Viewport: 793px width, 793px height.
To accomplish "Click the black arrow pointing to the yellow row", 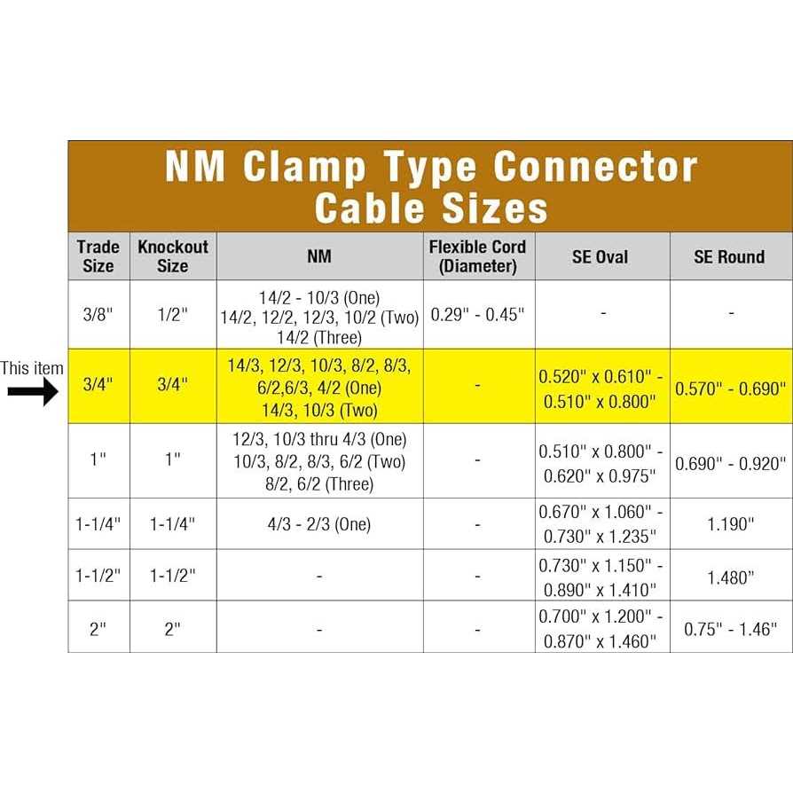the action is pyautogui.click(x=33, y=391).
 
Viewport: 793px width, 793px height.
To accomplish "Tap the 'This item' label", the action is pyautogui.click(x=32, y=368).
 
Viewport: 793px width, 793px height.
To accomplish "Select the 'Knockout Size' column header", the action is pyautogui.click(x=173, y=255).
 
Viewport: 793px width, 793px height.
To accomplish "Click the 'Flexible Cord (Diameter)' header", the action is pyautogui.click(x=478, y=255).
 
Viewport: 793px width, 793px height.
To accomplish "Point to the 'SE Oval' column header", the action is pyautogui.click(x=601, y=256).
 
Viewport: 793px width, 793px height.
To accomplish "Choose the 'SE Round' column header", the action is pyautogui.click(x=729, y=256).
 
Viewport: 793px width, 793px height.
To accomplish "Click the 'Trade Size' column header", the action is pyautogui.click(x=98, y=255).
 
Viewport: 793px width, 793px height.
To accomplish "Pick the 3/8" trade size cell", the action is pyautogui.click(x=98, y=314).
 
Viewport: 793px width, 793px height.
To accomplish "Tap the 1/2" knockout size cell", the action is pyautogui.click(x=172, y=314).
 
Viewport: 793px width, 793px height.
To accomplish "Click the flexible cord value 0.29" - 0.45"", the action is pyautogui.click(x=478, y=315).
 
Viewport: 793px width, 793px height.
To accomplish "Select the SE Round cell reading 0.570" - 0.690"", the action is pyautogui.click(x=731, y=389).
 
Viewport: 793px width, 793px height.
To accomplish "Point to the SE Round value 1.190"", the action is pyautogui.click(x=730, y=524).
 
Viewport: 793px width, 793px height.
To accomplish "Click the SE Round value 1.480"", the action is pyautogui.click(x=730, y=577).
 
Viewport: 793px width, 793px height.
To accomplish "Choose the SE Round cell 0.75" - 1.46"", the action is pyautogui.click(x=730, y=629).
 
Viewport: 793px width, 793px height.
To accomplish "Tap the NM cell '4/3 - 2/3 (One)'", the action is pyautogui.click(x=319, y=524).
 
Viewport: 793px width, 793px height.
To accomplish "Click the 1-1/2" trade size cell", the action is pyautogui.click(x=98, y=576).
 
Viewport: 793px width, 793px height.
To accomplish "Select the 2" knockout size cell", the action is pyautogui.click(x=172, y=629).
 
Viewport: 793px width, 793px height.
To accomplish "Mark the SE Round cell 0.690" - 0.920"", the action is pyautogui.click(x=731, y=463).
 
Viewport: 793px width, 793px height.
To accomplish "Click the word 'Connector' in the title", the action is pyautogui.click(x=595, y=167).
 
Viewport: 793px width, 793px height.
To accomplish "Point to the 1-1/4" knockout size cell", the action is pyautogui.click(x=172, y=524).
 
